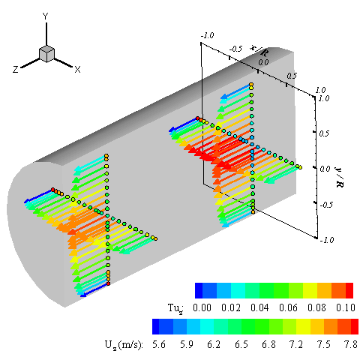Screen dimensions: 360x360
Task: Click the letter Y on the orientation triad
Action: (x=45, y=16)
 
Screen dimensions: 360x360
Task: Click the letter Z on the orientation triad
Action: (x=16, y=69)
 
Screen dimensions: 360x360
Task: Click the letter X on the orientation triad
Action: (x=78, y=69)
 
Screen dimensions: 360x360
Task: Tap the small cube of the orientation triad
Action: (x=46, y=54)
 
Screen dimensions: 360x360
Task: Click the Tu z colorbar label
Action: (x=175, y=308)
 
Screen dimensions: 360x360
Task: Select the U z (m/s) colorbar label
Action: (x=124, y=345)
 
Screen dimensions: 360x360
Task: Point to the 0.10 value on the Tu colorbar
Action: (x=346, y=307)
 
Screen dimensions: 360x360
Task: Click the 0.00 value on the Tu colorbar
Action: (x=202, y=307)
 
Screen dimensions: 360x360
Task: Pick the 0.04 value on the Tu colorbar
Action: (x=259, y=307)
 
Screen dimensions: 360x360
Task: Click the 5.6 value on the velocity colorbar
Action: (x=159, y=344)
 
